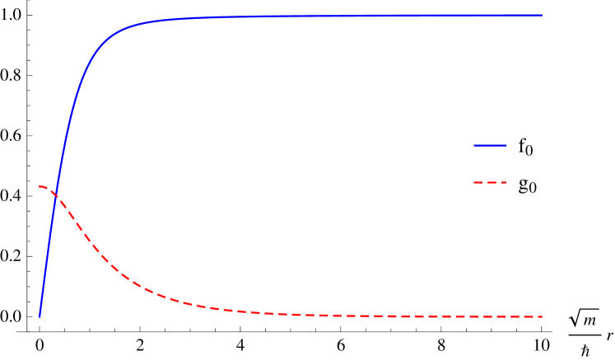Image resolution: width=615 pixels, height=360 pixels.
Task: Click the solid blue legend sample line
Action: pyautogui.click(x=490, y=146)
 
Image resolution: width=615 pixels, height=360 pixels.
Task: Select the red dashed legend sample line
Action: pyautogui.click(x=490, y=182)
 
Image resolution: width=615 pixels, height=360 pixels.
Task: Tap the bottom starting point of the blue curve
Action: pyautogui.click(x=40, y=316)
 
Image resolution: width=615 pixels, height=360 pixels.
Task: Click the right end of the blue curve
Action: pyautogui.click(x=542, y=16)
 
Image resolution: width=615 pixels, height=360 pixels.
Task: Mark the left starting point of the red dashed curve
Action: pyautogui.click(x=39, y=186)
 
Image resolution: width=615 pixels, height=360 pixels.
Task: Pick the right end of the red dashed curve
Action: pyautogui.click(x=542, y=316)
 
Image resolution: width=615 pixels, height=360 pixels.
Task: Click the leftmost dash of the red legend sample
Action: pyautogui.click(x=478, y=182)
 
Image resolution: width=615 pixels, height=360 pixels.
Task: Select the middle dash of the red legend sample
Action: pyautogui.click(x=492, y=182)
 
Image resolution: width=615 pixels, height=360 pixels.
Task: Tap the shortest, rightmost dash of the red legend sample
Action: pyautogui.click(x=503, y=182)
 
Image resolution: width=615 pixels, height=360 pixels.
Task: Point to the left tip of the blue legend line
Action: pyautogui.click(x=474, y=146)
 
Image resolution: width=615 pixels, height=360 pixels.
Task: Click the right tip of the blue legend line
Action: pyautogui.click(x=506, y=146)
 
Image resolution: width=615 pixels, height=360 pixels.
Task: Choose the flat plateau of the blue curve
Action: pyautogui.click(x=329, y=16)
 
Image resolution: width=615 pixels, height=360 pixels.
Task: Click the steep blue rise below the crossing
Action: pyautogui.click(x=47, y=255)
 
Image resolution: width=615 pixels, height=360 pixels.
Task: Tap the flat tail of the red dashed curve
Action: pyautogui.click(x=412, y=316)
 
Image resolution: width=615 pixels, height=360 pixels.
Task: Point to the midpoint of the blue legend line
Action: pyautogui.click(x=490, y=146)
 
